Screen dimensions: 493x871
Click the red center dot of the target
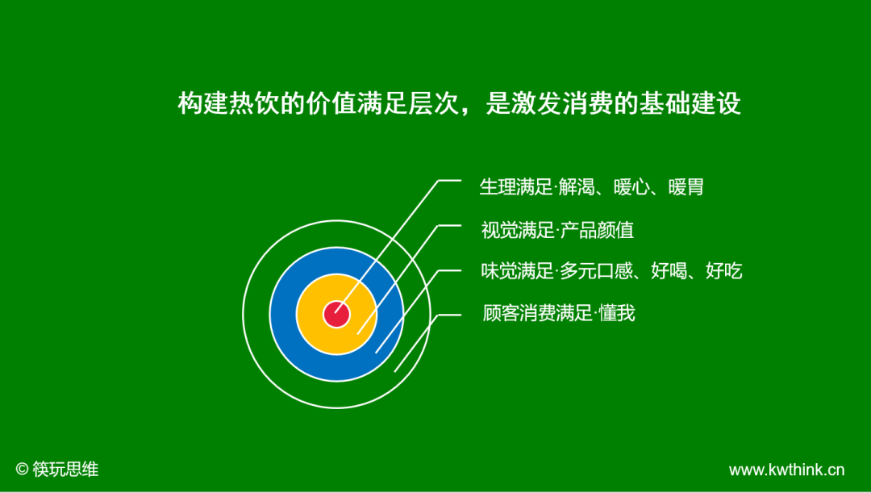tap(336, 314)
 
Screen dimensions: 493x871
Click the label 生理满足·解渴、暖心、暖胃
tap(591, 187)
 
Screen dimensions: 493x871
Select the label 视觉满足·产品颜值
tap(557, 230)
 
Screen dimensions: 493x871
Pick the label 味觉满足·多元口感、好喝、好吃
tap(611, 271)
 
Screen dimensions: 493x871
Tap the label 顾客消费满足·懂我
tap(558, 313)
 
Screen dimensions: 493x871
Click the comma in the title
tap(469, 110)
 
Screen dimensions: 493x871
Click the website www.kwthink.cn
tap(786, 470)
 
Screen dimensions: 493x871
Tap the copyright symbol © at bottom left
tap(22, 469)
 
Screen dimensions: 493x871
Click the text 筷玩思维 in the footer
tap(65, 469)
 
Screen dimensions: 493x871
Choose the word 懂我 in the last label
tap(617, 313)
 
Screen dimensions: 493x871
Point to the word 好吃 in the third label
tap(723, 271)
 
